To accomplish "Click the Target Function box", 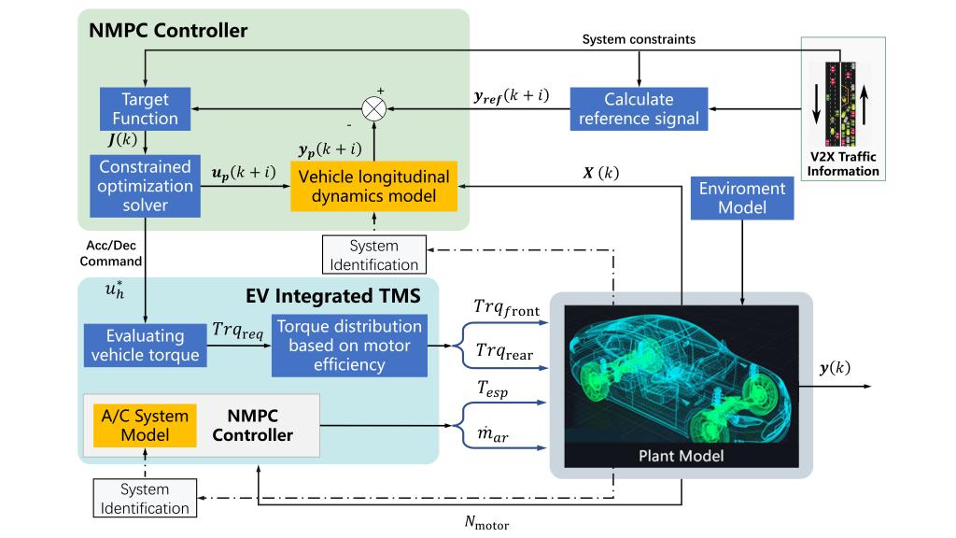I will point(145,109).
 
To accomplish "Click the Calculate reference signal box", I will point(640,108).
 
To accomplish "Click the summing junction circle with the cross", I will point(375,108).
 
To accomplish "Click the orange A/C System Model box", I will point(145,425).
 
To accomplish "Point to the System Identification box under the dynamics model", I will point(373,255).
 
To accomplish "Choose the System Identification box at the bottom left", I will point(144,499).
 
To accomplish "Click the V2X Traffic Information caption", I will point(844,165).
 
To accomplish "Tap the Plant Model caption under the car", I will point(681,457).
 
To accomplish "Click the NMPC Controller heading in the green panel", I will point(168,31).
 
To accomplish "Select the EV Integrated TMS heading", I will point(333,297).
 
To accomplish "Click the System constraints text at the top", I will point(639,39).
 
